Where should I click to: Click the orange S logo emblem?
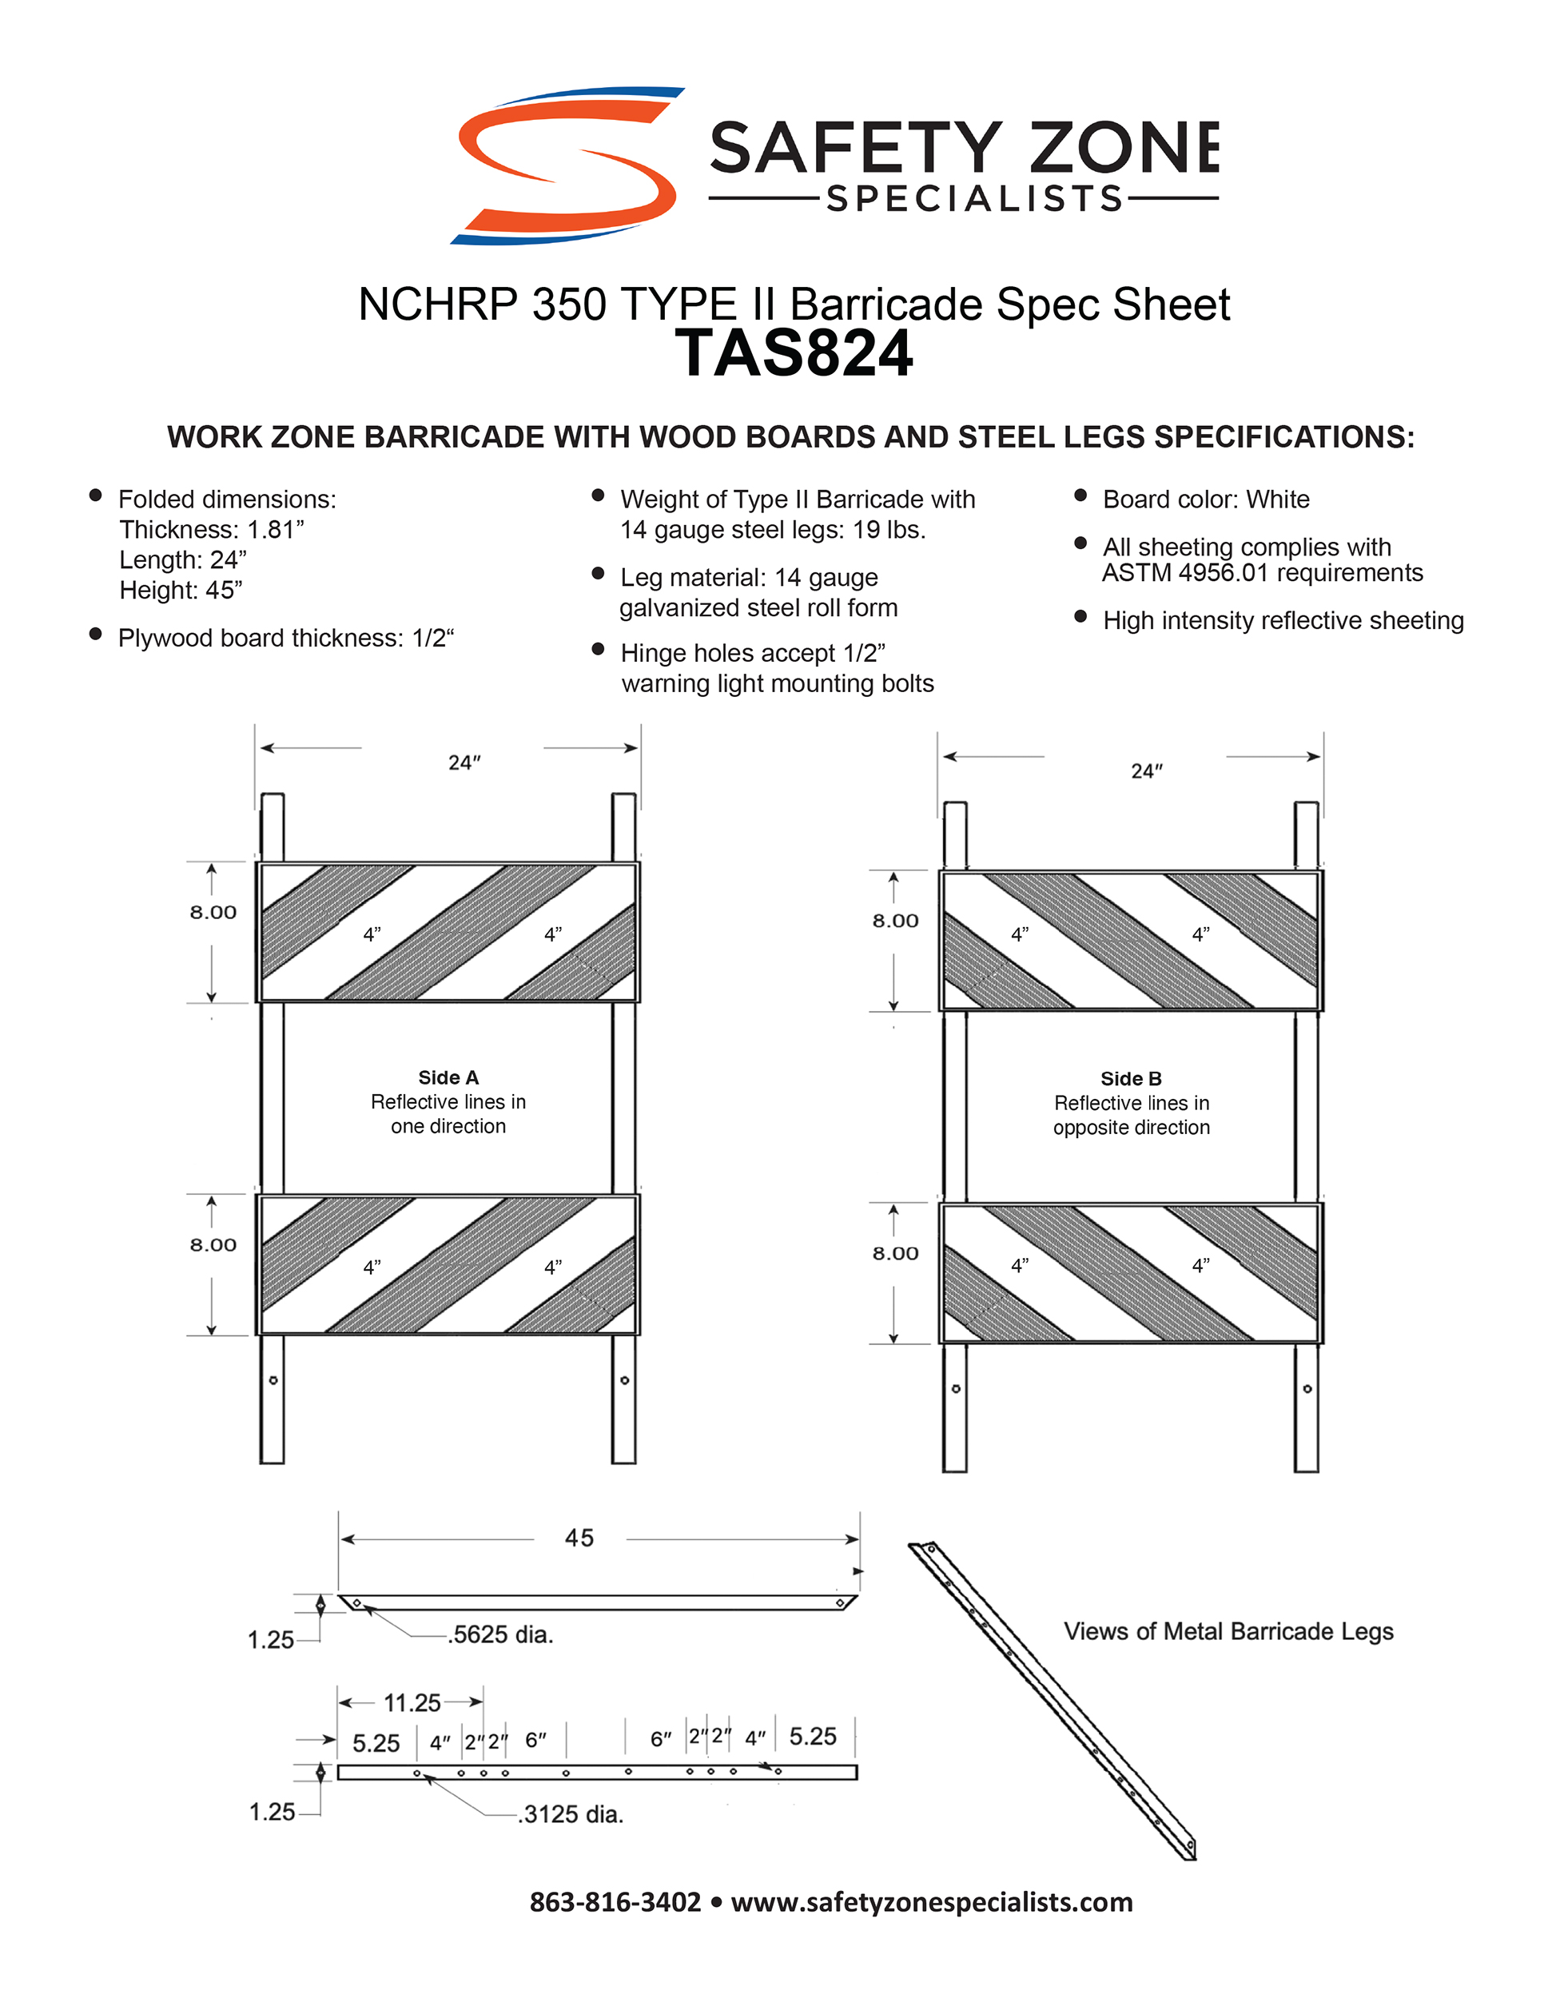tap(567, 165)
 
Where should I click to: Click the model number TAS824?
tap(793, 354)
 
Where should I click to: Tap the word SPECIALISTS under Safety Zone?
tap(974, 198)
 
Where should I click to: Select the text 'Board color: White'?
tap(1206, 499)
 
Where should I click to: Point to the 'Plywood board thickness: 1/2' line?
tap(285, 638)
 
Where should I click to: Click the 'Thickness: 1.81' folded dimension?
tap(211, 530)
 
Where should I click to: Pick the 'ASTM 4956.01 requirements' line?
tap(1262, 573)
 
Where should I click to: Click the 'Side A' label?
tap(448, 1077)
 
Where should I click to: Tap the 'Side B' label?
tap(1131, 1079)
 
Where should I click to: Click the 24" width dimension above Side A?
tap(464, 762)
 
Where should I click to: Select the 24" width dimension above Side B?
tap(1146, 770)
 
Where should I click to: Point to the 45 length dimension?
tap(579, 1538)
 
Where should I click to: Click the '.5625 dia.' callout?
tap(501, 1635)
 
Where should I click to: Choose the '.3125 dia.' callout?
tap(571, 1814)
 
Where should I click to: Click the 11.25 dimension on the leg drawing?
tap(412, 1702)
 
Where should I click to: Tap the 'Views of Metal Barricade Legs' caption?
tap(1228, 1631)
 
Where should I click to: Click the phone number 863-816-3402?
tap(615, 1902)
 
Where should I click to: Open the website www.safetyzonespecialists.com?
tap(931, 1902)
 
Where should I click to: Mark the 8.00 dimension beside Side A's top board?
tap(213, 912)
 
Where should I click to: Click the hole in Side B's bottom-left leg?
tap(956, 1389)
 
